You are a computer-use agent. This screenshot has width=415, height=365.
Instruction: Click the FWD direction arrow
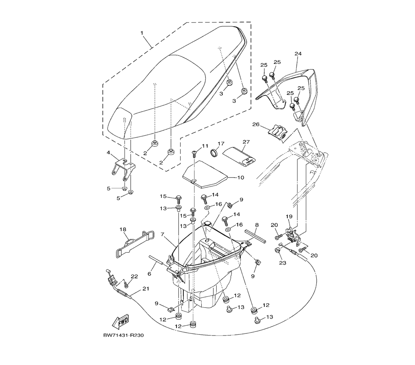coord(121,321)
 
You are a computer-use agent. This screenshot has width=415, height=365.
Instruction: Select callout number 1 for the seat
coord(142,33)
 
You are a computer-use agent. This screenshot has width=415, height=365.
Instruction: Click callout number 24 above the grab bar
coord(298,54)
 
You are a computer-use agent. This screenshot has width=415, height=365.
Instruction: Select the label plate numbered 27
coord(239,156)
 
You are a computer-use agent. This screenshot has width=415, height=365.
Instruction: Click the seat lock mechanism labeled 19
coord(294,234)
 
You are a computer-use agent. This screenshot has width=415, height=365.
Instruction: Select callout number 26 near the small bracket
coord(256,124)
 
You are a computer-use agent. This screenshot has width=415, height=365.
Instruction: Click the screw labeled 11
coord(194,154)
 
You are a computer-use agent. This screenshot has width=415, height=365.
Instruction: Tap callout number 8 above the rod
coord(257,225)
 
